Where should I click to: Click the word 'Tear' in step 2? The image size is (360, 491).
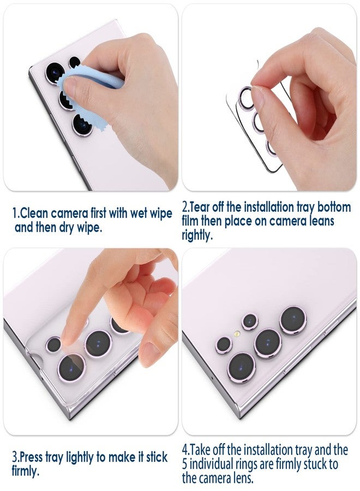click(x=201, y=208)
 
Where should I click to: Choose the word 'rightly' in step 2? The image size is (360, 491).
click(x=199, y=235)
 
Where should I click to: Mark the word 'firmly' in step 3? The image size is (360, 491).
click(x=25, y=470)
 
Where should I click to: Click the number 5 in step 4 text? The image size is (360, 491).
click(x=185, y=464)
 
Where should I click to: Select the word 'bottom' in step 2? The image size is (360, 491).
click(x=334, y=208)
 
